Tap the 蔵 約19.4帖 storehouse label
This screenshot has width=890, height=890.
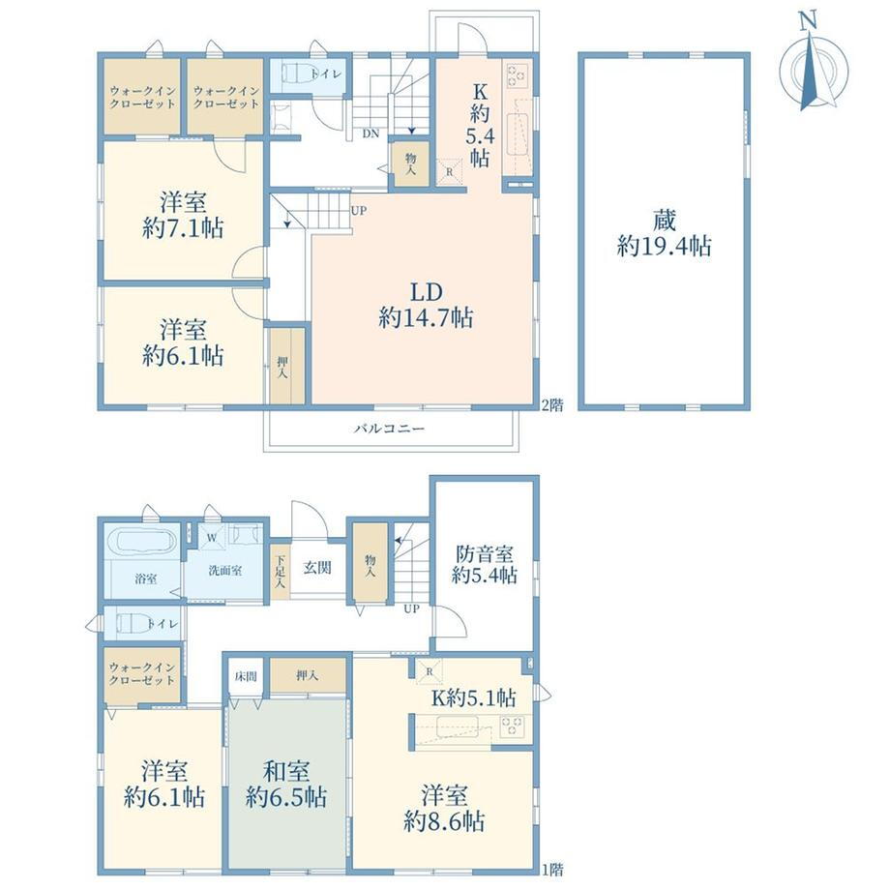pyautogui.click(x=664, y=233)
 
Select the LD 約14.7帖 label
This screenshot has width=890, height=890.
pyautogui.click(x=426, y=305)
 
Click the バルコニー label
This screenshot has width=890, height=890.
pyautogui.click(x=389, y=429)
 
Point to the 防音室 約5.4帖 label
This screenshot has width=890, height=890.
pyautogui.click(x=484, y=564)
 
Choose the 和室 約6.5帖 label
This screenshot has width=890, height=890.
pyautogui.click(x=286, y=784)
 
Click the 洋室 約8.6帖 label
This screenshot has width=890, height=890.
pyautogui.click(x=444, y=808)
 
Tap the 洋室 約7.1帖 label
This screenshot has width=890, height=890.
pyautogui.click(x=183, y=215)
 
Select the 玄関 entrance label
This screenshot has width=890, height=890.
pyautogui.click(x=316, y=568)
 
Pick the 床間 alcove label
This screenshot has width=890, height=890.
pyautogui.click(x=246, y=676)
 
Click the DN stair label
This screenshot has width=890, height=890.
pyautogui.click(x=371, y=133)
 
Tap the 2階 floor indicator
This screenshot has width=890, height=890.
pyautogui.click(x=552, y=405)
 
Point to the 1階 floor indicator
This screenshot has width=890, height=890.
pyautogui.click(x=552, y=869)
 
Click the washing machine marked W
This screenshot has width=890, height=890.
pyautogui.click(x=212, y=536)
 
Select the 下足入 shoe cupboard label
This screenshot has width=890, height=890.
pyautogui.click(x=280, y=572)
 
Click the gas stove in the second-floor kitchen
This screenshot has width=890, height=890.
pyautogui.click(x=518, y=75)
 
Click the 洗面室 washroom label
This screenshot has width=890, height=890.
pyautogui.click(x=225, y=571)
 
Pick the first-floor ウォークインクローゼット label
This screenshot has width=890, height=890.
pyautogui.click(x=142, y=673)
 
